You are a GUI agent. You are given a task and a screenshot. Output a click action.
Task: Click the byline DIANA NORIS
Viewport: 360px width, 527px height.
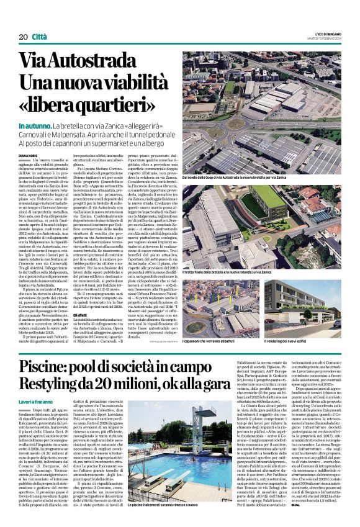coord(29,156)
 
